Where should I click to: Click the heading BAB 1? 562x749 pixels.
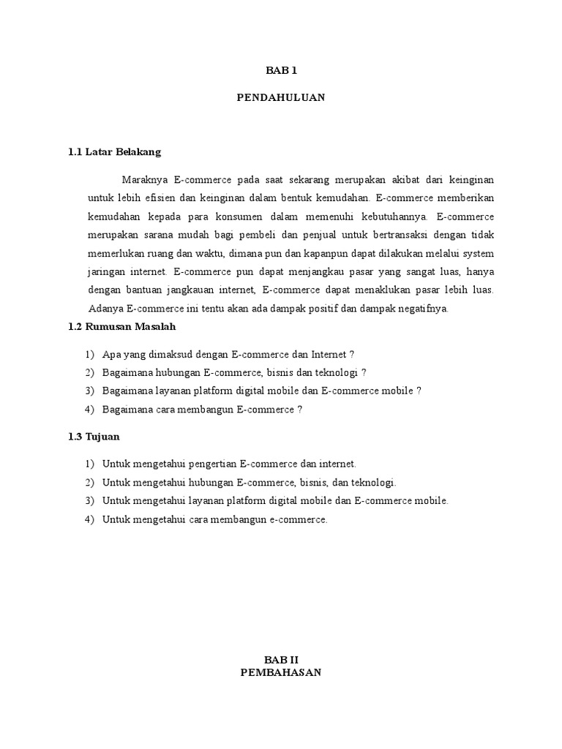(281, 71)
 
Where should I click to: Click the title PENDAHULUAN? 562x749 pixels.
(281, 97)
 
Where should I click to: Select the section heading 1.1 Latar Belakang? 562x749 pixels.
(114, 152)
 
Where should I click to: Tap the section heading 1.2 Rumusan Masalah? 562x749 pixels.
(122, 326)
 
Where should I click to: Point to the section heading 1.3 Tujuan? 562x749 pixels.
(94, 437)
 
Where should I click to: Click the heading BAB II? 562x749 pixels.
(281, 660)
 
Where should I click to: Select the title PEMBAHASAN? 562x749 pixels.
(281, 673)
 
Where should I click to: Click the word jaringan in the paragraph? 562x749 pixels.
(106, 271)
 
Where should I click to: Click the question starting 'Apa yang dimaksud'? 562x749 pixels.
(228, 354)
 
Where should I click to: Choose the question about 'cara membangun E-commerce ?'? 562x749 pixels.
(203, 410)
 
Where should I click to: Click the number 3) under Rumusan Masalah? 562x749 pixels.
(89, 391)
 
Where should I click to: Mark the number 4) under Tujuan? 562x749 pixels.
(89, 520)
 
